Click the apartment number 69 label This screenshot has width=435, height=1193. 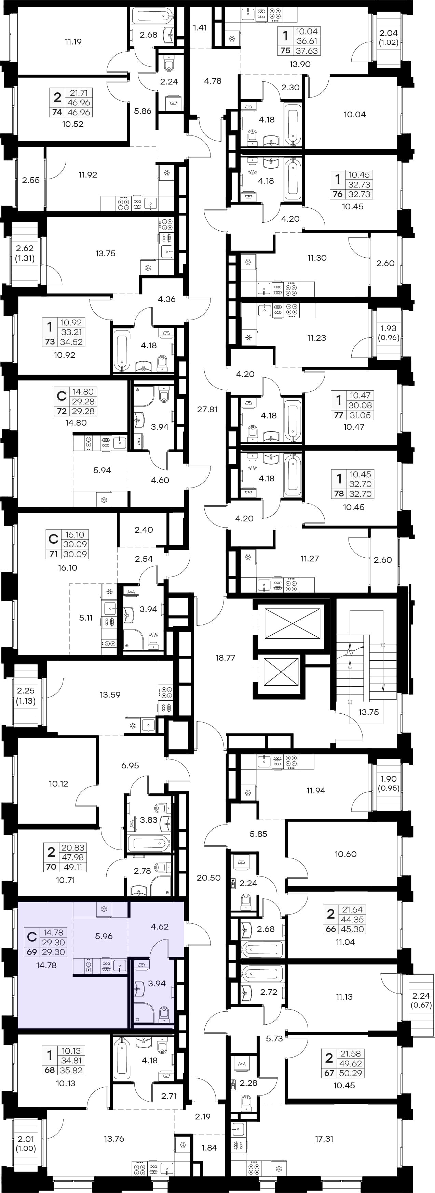point(32,952)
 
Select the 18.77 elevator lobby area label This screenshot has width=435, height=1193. point(226,658)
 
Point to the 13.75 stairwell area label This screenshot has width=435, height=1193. point(368,712)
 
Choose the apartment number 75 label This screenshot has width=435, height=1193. point(286,51)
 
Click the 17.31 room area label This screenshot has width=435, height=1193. point(324,1138)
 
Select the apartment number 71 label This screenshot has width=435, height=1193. point(53,554)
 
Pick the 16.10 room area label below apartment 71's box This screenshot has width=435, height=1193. point(68,568)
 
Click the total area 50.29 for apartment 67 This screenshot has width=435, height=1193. point(351,1073)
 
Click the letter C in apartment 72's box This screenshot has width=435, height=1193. point(61,396)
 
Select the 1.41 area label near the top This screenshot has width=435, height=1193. point(200,27)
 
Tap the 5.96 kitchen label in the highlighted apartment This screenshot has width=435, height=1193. point(104,936)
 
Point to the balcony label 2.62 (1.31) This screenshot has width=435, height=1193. point(25,253)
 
